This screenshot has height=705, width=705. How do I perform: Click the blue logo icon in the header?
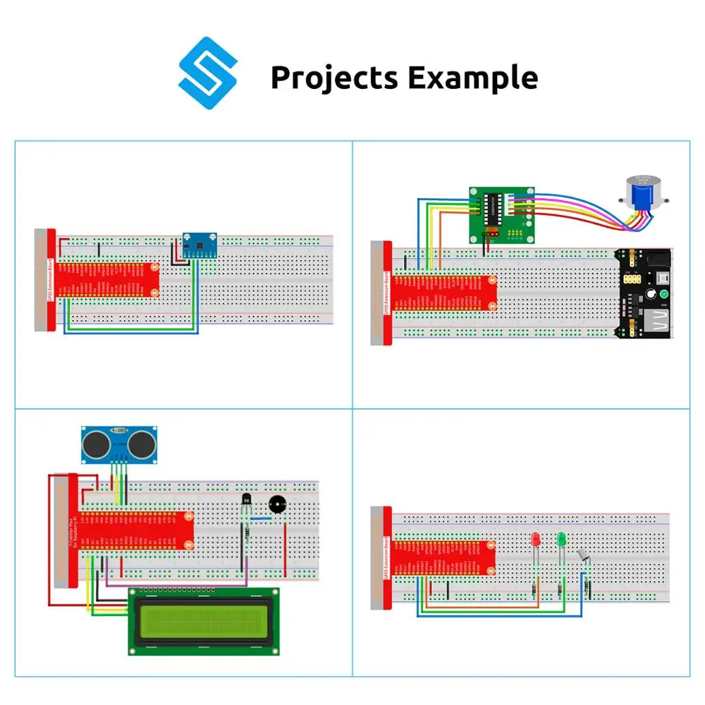click(x=208, y=73)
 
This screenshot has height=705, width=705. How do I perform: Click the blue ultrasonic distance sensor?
click(x=119, y=443)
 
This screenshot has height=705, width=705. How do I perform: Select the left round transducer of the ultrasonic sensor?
click(x=97, y=443)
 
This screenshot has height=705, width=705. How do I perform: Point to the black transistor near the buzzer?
click(x=246, y=501)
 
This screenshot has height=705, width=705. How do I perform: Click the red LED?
click(x=535, y=541)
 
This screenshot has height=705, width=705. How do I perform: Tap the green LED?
click(x=562, y=540)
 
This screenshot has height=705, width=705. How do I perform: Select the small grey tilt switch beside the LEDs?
click(x=584, y=558)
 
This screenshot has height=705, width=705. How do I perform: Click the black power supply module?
click(x=644, y=295)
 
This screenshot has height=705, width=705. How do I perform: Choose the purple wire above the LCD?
click(x=176, y=584)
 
